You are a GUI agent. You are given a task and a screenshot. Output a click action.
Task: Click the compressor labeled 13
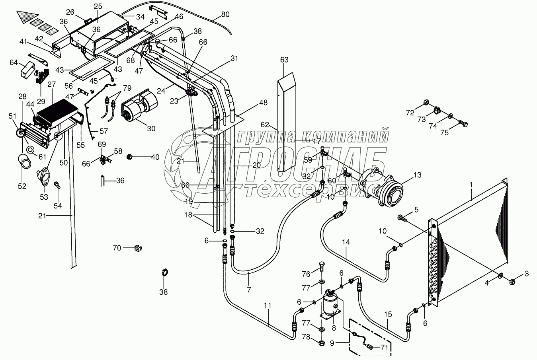(x=381, y=187)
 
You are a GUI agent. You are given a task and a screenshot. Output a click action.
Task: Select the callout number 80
(x=225, y=14)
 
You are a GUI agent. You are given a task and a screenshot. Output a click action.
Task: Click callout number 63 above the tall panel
(x=284, y=60)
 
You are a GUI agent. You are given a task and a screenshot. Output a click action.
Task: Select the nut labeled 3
(x=512, y=282)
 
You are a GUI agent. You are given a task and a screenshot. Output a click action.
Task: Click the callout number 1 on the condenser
(x=471, y=185)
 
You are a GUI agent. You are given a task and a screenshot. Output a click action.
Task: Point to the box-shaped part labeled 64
(x=27, y=69)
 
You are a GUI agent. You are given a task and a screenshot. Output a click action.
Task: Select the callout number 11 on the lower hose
(x=267, y=306)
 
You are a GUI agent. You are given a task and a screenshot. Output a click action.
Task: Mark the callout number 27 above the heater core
(x=51, y=84)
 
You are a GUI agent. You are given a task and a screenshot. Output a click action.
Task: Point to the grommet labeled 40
(x=129, y=157)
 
